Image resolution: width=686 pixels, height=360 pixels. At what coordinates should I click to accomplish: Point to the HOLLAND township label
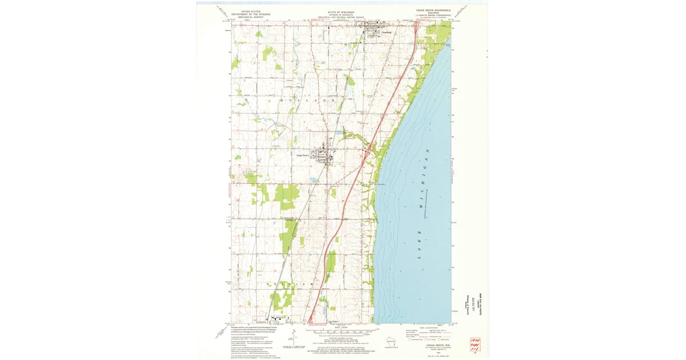[x=309, y=100]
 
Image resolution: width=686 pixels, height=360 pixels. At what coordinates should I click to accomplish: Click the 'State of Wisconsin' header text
[x=341, y=12]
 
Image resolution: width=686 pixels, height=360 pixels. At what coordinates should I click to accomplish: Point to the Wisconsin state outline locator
[x=392, y=343]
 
